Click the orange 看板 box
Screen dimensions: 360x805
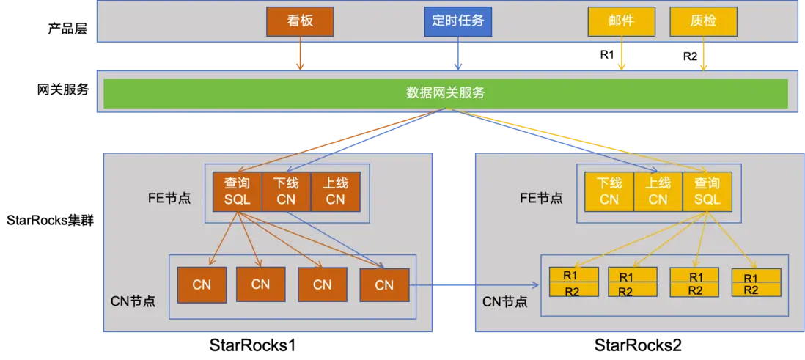pyautogui.click(x=300, y=21)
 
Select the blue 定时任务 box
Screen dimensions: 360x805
pyautogui.click(x=458, y=21)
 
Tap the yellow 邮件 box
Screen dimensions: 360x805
pyautogui.click(x=621, y=21)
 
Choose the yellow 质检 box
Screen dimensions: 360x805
pyautogui.click(x=703, y=21)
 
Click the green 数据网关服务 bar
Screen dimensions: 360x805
pyautogui.click(x=445, y=93)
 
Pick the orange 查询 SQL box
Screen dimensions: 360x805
pyautogui.click(x=238, y=192)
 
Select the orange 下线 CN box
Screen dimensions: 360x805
pyautogui.click(x=286, y=192)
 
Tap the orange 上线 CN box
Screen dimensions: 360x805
pyautogui.click(x=335, y=192)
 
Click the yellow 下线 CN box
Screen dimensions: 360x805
pyautogui.click(x=609, y=192)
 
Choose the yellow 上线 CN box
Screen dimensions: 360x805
pyautogui.click(x=658, y=192)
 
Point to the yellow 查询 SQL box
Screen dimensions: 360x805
pyautogui.click(x=707, y=192)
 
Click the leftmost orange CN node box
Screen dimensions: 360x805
pyautogui.click(x=202, y=284)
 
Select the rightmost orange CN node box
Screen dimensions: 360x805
pyautogui.click(x=384, y=284)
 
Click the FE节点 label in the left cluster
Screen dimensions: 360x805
pyautogui.click(x=169, y=198)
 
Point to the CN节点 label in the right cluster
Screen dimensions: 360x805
pyautogui.click(x=504, y=301)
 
